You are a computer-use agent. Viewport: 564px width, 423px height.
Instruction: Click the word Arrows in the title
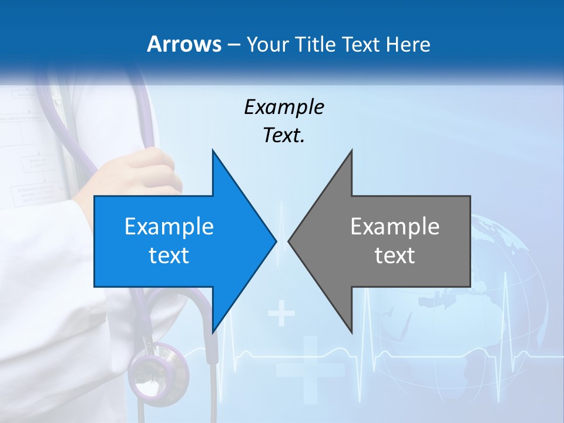[x=183, y=44]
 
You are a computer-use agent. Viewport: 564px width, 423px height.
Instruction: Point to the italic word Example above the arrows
[x=284, y=107]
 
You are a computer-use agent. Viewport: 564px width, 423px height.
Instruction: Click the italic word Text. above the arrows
[x=284, y=135]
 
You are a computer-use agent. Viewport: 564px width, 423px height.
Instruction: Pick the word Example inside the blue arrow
[x=169, y=226]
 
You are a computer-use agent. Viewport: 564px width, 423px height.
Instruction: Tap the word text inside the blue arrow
[x=169, y=255]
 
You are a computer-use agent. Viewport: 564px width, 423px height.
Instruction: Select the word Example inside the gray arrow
[x=395, y=226]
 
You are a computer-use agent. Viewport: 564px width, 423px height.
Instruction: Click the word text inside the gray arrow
[x=395, y=255]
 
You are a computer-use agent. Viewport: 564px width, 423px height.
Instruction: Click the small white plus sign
[x=282, y=314]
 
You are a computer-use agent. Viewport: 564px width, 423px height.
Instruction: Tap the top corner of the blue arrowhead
[x=213, y=150]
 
